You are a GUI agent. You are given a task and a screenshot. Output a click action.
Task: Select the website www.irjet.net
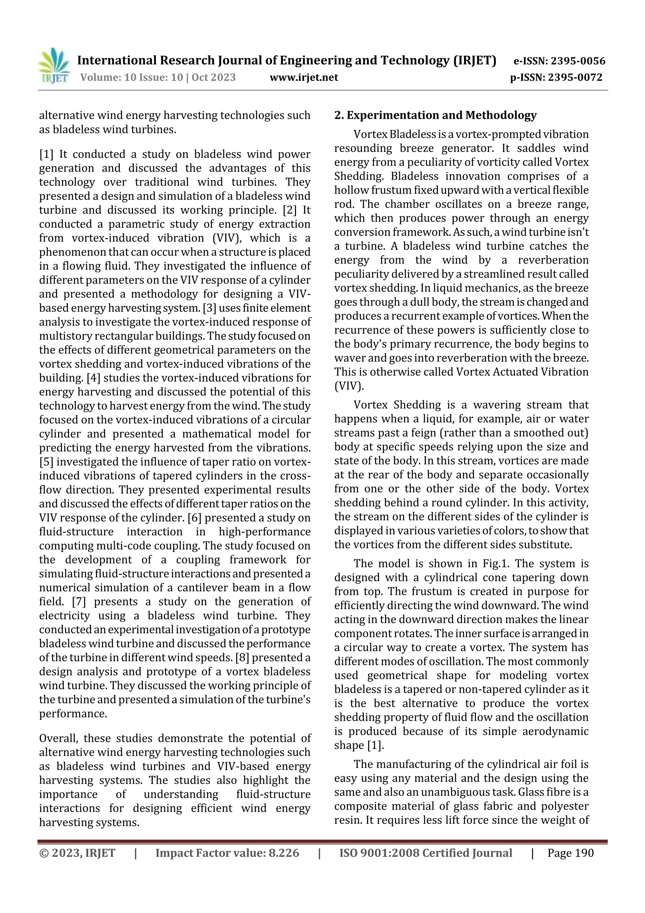pyautogui.click(x=304, y=78)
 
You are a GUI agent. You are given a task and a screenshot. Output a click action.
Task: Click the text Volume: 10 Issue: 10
pyautogui.click(x=131, y=78)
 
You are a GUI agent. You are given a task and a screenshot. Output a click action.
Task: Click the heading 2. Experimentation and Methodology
pyautogui.click(x=435, y=115)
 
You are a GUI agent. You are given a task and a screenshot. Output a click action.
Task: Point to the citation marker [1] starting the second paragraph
pyautogui.click(x=46, y=154)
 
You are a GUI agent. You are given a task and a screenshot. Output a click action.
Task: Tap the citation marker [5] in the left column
pyautogui.click(x=46, y=462)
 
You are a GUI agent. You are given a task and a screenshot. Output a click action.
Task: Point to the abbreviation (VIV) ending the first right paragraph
pyautogui.click(x=349, y=386)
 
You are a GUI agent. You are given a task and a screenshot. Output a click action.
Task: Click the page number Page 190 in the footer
pyautogui.click(x=570, y=853)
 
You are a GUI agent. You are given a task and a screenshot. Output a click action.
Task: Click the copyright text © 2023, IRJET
pyautogui.click(x=77, y=853)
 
